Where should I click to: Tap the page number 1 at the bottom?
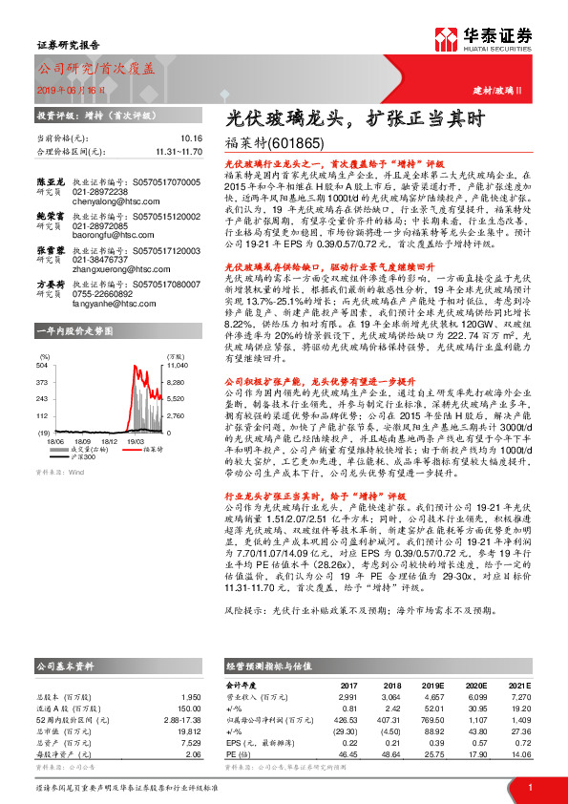point(529,786)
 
